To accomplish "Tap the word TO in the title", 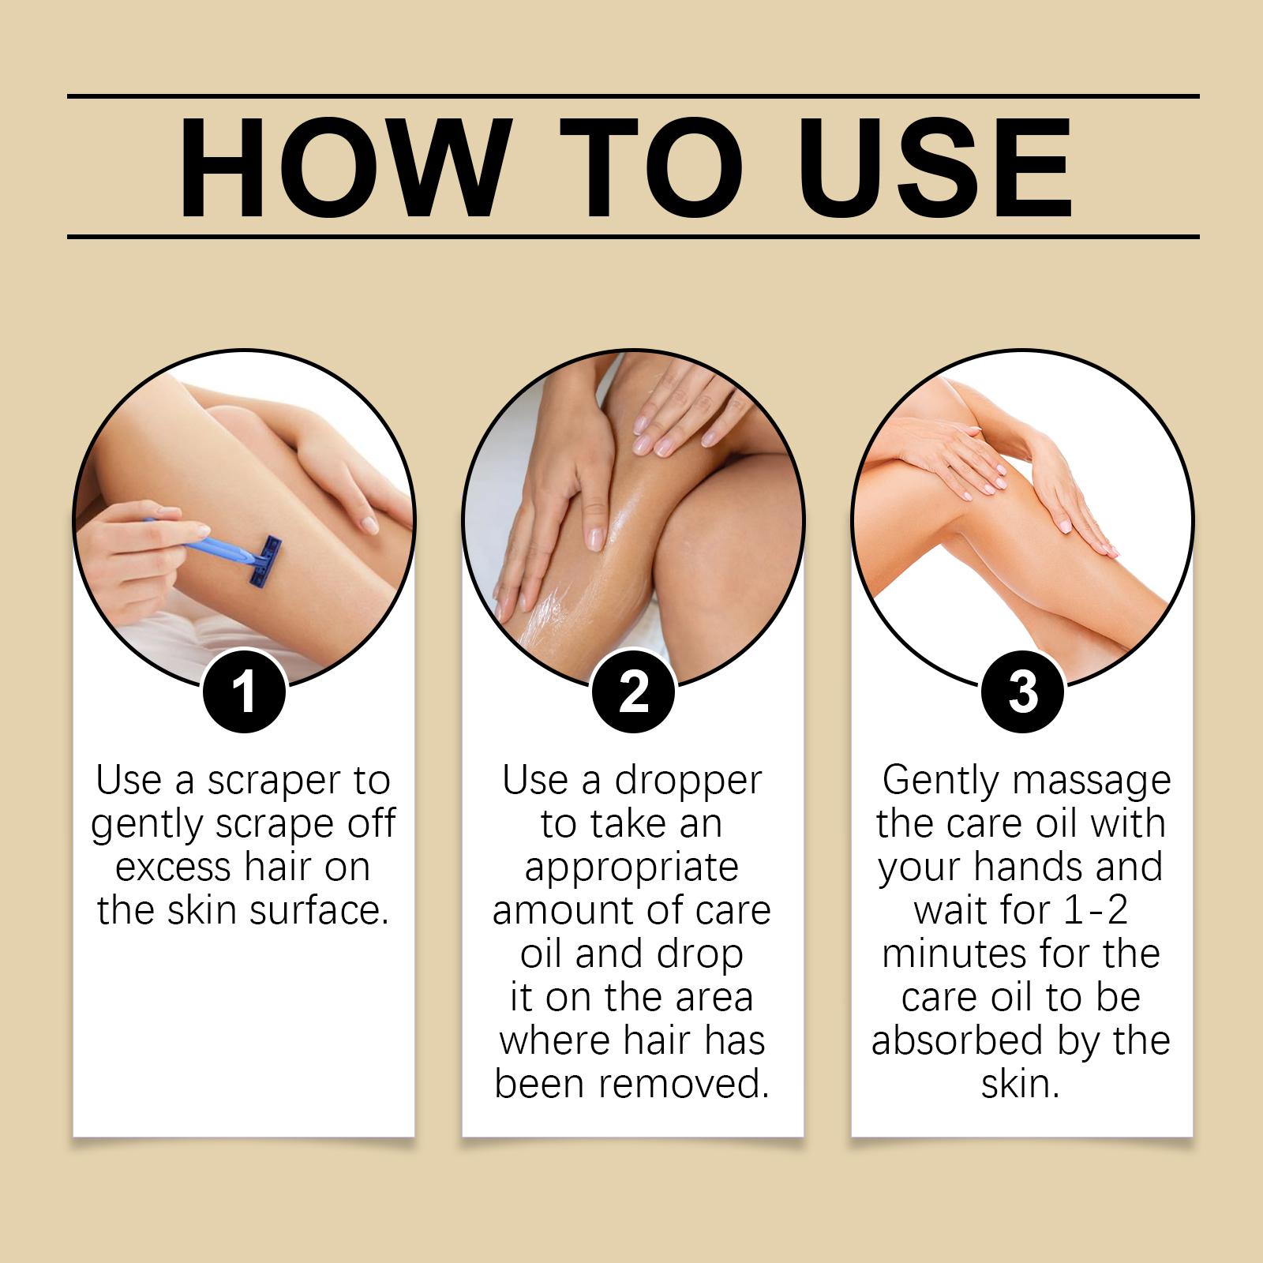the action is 655,168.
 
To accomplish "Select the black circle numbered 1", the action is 244,691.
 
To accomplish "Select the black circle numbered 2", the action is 633,691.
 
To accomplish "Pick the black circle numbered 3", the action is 1022,691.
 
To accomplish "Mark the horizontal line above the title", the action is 633,96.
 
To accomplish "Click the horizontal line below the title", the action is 633,236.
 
